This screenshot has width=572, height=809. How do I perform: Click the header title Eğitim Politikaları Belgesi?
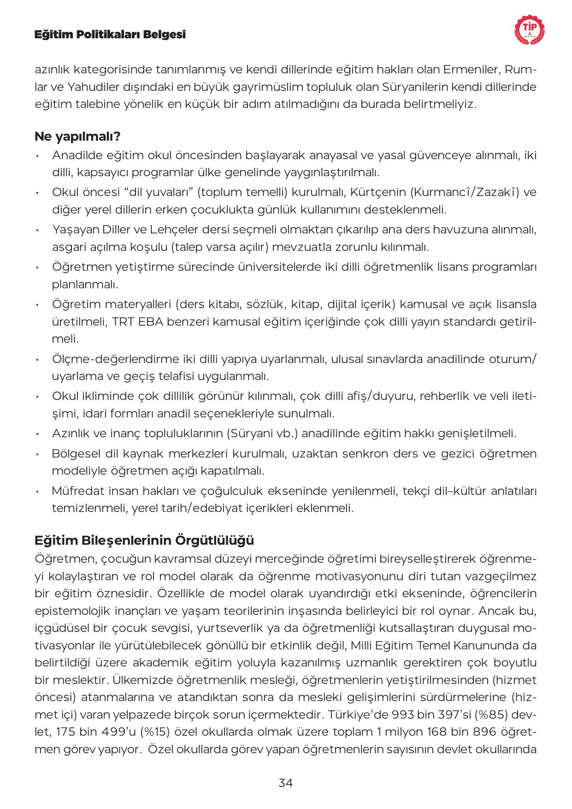[110, 35]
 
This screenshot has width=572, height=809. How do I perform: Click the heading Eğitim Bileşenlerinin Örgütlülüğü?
[144, 540]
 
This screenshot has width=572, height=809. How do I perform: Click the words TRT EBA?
[137, 322]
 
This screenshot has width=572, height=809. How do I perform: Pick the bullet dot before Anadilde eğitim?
[37, 155]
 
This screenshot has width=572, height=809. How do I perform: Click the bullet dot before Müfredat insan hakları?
[37, 491]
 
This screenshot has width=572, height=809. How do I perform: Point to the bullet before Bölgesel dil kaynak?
[37, 454]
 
